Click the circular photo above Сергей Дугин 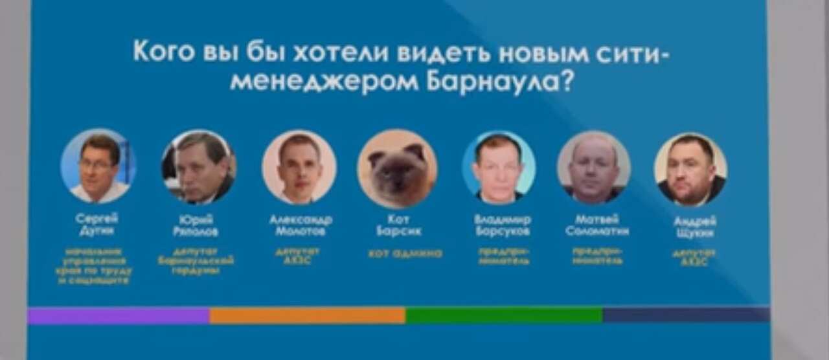click(x=98, y=166)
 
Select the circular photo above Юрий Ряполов click(x=199, y=167)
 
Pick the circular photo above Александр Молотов click(x=299, y=167)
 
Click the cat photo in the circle click(x=397, y=168)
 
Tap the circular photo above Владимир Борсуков click(x=498, y=168)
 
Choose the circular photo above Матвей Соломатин click(x=594, y=168)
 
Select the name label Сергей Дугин click(x=97, y=225)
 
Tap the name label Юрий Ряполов click(x=196, y=225)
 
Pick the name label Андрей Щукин click(x=694, y=227)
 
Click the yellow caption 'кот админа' click(x=405, y=254)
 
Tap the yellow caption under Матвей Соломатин click(x=597, y=256)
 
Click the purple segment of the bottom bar click(x=119, y=315)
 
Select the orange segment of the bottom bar click(x=308, y=315)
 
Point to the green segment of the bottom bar click(x=504, y=315)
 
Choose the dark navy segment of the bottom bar click(x=686, y=315)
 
